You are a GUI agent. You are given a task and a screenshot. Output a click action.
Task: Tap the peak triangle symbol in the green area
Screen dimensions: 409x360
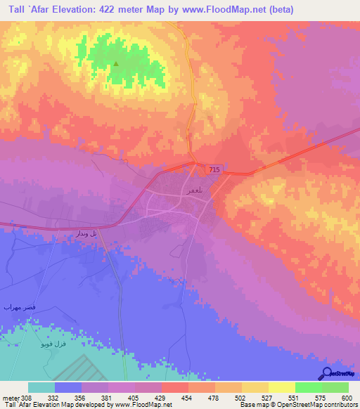pos(116,65)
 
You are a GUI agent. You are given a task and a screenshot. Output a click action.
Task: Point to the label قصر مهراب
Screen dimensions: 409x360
pos(15,308)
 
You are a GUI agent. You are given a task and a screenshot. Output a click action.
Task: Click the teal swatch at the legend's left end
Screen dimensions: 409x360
pos(41,387)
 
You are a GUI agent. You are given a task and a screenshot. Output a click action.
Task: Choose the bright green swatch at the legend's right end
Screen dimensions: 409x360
pos(335,387)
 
